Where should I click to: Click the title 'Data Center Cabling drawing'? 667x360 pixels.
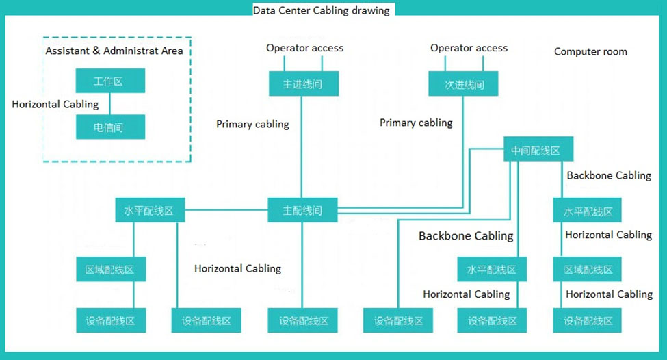tap(321, 10)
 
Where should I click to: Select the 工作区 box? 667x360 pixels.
tap(109, 81)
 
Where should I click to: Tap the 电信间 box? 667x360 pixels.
tap(109, 127)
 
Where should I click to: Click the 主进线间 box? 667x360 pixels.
tap(302, 84)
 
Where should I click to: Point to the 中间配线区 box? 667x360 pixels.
tap(537, 150)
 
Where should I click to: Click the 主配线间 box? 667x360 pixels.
tap(302, 211)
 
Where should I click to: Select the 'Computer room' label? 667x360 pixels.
tap(590, 51)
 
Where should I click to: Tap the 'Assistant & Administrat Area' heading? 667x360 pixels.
tap(114, 51)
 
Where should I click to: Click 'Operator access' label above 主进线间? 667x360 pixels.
tap(304, 48)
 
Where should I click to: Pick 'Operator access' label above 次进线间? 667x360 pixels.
tap(469, 48)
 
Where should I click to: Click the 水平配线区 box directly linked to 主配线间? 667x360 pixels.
tap(149, 211)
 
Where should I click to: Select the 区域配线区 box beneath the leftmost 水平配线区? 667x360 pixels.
tap(110, 270)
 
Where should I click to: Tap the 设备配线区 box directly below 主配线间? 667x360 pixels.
tap(302, 320)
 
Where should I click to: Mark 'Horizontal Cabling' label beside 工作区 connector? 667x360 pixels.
tap(55, 105)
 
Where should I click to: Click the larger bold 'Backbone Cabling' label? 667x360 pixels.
tap(466, 236)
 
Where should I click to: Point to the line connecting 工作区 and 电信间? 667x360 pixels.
tap(110, 104)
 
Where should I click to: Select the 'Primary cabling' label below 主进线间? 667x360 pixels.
tap(252, 124)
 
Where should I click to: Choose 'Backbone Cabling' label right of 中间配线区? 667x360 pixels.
tap(609, 175)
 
